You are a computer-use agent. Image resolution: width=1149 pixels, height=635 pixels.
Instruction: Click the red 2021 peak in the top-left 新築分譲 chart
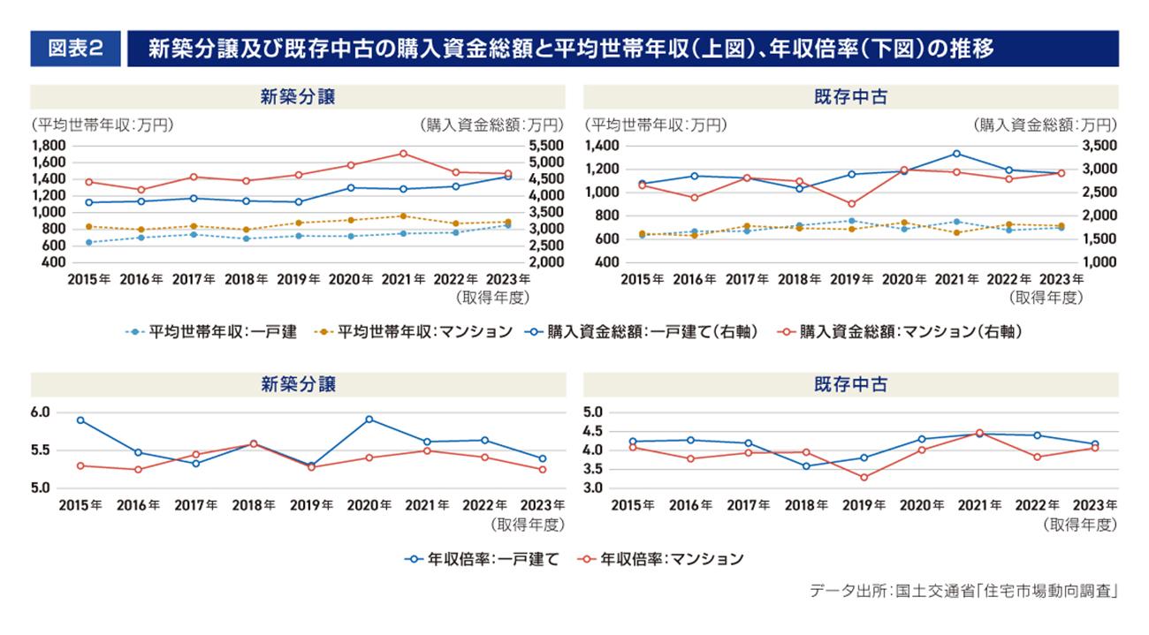tap(403, 153)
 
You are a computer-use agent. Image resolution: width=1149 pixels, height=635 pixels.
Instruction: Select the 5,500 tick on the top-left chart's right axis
tap(545, 145)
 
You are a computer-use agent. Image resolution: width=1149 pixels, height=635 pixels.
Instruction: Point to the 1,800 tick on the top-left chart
tap(49, 145)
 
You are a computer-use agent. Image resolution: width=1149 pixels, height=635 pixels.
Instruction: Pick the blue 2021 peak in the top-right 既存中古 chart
tap(956, 154)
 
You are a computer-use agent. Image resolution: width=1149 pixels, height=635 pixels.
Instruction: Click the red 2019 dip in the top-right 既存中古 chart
tap(851, 204)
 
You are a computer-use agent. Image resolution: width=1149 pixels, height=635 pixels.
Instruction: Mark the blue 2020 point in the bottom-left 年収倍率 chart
tap(369, 420)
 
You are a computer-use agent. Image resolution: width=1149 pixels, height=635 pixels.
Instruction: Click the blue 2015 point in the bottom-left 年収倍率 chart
tap(80, 420)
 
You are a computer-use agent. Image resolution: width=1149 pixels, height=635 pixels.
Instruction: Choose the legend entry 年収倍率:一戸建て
tap(482, 559)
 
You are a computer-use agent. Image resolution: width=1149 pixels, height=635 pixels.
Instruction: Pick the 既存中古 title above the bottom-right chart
tap(851, 385)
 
